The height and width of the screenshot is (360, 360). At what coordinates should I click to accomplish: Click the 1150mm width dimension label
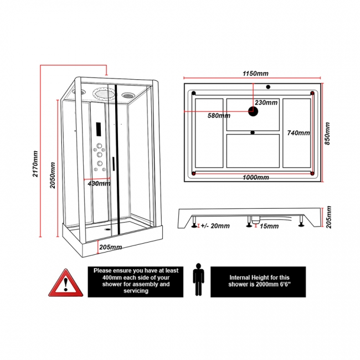255,74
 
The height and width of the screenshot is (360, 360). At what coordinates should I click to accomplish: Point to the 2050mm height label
52,175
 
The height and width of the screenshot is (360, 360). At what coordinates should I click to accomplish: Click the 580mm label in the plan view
219,116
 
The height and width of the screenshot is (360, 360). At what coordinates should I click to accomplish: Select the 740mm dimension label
297,133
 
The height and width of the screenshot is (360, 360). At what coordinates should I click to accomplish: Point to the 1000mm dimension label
255,177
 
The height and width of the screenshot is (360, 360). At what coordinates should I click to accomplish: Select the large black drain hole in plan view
253,112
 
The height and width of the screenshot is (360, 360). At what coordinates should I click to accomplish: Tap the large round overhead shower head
104,94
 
